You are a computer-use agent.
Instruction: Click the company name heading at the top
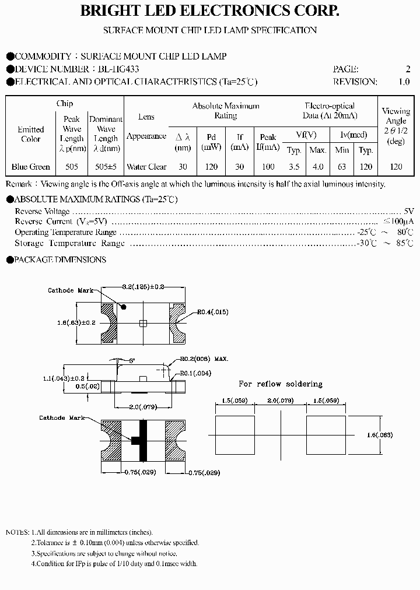[209, 11]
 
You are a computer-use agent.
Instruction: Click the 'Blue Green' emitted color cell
[31, 167]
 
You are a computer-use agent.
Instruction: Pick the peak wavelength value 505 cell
[72, 167]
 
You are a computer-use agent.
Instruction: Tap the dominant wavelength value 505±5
[106, 167]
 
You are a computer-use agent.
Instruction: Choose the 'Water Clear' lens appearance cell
[146, 167]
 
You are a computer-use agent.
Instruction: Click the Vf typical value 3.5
[294, 167]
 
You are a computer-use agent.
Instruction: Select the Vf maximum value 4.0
[318, 167]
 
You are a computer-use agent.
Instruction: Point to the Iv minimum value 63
[342, 167]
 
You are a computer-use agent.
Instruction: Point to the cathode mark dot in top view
[124, 306]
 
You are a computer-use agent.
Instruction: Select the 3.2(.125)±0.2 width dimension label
[143, 287]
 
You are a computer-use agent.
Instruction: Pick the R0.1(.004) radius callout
[195, 373]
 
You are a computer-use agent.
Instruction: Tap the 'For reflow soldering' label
[280, 384]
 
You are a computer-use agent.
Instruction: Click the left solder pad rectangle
[235, 435]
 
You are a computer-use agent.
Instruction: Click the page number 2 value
[408, 69]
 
